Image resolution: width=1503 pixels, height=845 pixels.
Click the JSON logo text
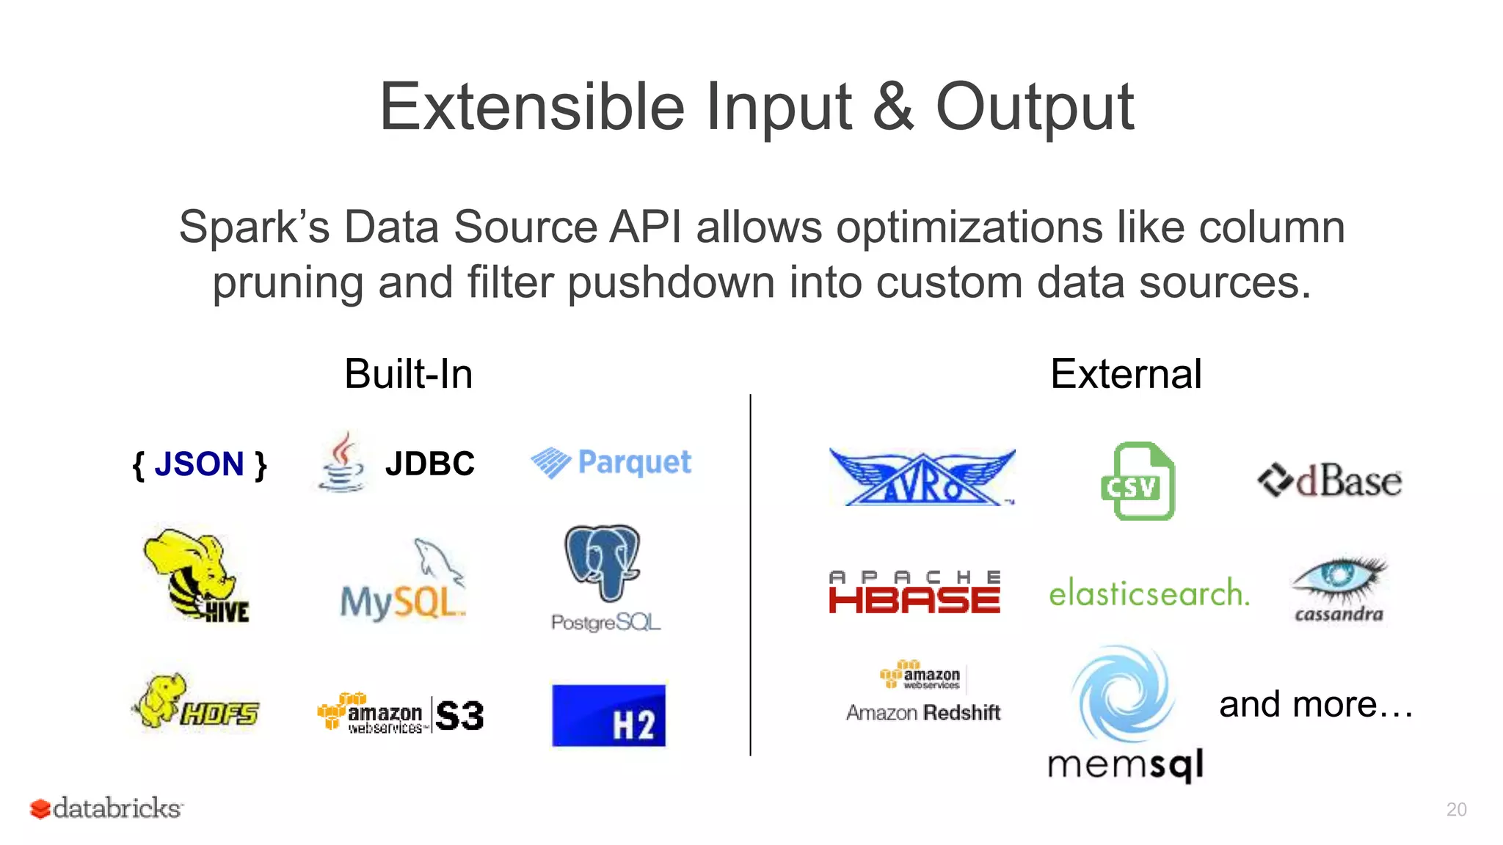point(199,464)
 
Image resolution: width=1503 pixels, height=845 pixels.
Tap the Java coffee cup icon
point(341,462)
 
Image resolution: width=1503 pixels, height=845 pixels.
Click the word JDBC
point(430,464)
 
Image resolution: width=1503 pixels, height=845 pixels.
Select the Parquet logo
point(611,463)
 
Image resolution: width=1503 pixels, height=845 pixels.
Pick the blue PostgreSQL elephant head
point(602,561)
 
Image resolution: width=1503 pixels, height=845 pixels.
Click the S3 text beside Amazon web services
point(460,716)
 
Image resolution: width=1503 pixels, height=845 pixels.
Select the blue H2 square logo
point(608,716)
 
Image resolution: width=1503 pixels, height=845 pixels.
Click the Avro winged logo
point(922,477)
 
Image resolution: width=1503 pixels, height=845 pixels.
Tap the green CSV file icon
point(1138,481)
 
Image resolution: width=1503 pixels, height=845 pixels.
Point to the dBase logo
point(1329,481)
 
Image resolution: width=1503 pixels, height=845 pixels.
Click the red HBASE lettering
point(914,601)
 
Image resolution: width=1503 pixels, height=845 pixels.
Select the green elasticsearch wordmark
point(1149,593)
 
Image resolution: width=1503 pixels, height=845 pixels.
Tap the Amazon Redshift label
point(923,712)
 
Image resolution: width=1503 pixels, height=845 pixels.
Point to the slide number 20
point(1456,809)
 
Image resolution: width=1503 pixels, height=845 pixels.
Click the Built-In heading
point(408,374)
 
